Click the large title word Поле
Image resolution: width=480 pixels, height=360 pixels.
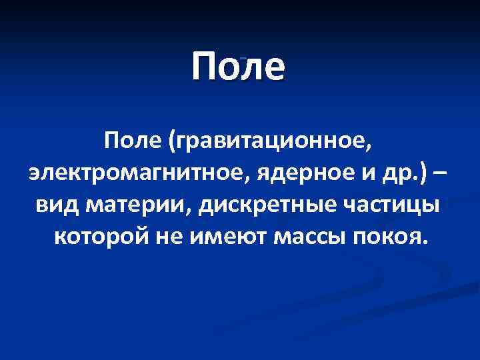click(238, 67)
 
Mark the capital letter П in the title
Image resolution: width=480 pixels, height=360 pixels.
click(205, 67)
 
